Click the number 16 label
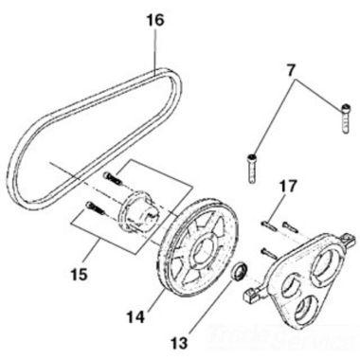click(155, 17)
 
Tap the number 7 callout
click(292, 69)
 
